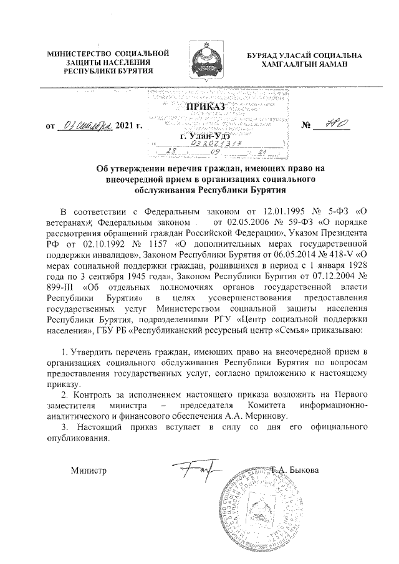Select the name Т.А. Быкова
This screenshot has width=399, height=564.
coord(296,469)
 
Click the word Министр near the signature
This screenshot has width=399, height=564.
coord(90,469)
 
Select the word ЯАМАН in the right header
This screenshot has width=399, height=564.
coord(334,65)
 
